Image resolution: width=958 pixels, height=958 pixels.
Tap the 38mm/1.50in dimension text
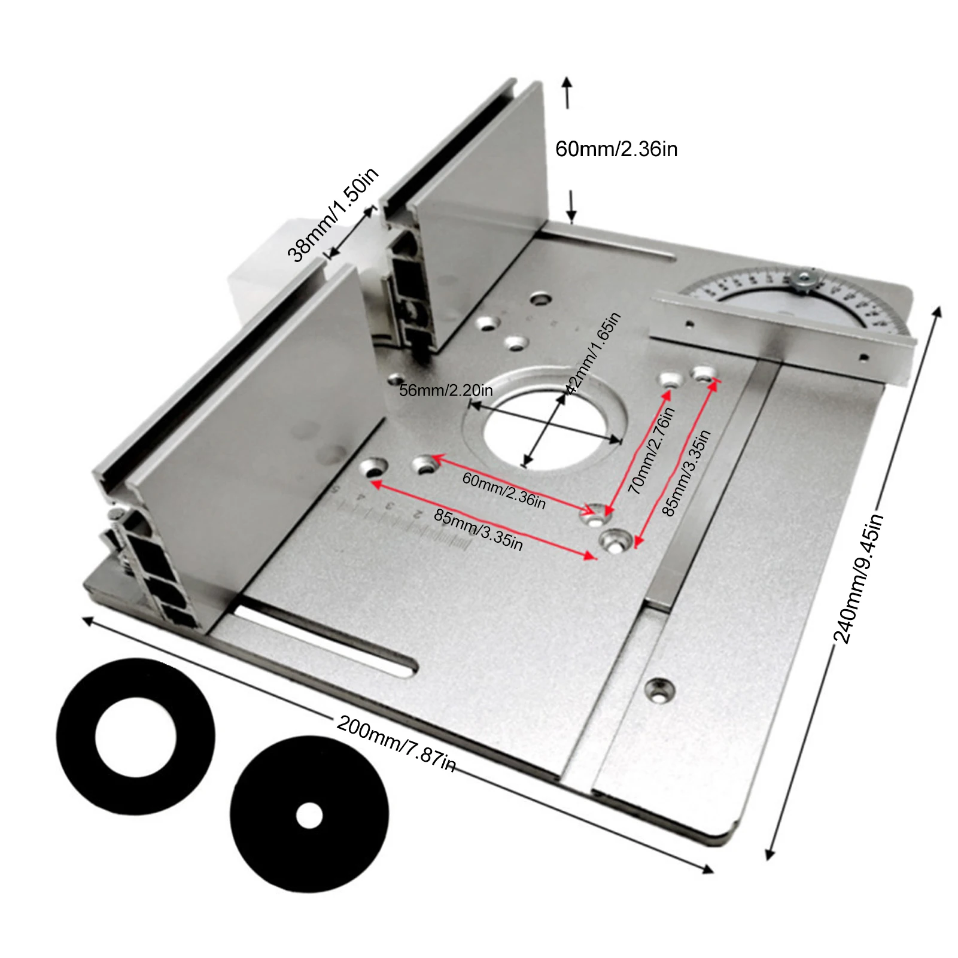point(333,216)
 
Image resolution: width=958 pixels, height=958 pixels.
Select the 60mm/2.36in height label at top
point(616,149)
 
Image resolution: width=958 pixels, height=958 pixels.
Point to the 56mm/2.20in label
point(446,391)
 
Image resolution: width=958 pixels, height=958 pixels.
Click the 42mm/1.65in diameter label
point(592,353)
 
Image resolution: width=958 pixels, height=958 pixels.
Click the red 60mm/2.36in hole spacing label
point(504,490)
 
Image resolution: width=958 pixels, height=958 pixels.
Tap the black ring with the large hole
point(136,736)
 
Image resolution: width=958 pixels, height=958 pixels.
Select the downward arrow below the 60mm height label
point(572,206)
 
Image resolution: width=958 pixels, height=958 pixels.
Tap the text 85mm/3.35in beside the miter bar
point(686,473)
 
